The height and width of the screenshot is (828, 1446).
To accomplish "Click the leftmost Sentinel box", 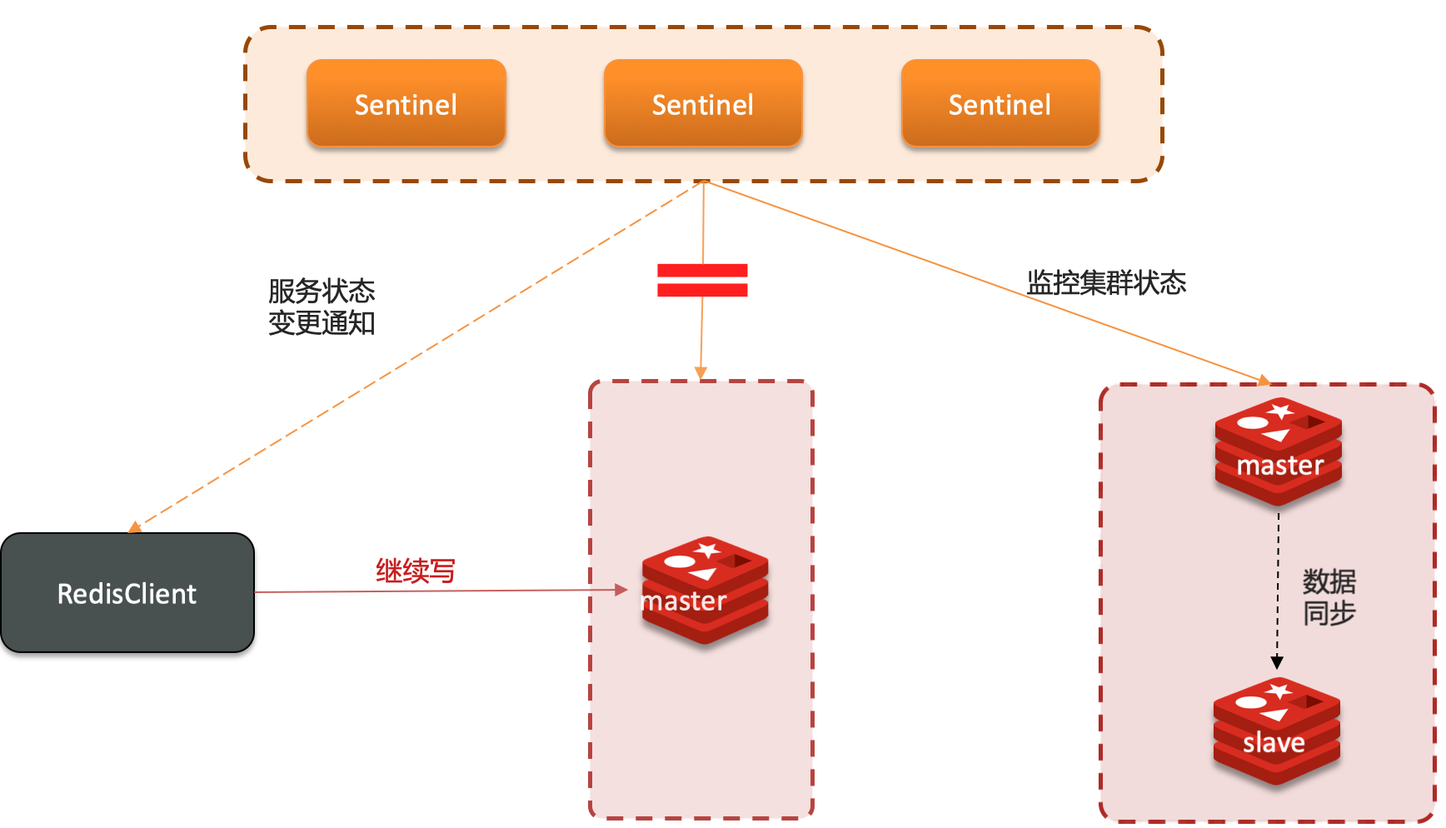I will pyautogui.click(x=406, y=103).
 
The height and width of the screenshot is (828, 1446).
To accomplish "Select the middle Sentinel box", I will pyautogui.click(x=703, y=103).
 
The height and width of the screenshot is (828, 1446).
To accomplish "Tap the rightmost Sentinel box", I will pyautogui.click(x=1000, y=103).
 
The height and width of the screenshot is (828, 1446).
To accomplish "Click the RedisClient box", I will pyautogui.click(x=127, y=593).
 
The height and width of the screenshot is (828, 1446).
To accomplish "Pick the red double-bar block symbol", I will pyautogui.click(x=702, y=280).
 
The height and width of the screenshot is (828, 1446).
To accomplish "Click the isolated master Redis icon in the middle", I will pyautogui.click(x=705, y=590).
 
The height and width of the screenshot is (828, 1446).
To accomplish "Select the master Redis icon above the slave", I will pyautogui.click(x=1278, y=451).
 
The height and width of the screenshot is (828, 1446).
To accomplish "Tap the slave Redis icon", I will pyautogui.click(x=1276, y=731).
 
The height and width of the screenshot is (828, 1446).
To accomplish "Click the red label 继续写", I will pyautogui.click(x=415, y=571).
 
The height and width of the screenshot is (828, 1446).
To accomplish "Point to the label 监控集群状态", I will pyautogui.click(x=1106, y=282).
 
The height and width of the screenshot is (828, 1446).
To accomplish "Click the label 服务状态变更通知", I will pyautogui.click(x=322, y=307).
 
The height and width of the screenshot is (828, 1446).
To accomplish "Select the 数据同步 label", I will pyautogui.click(x=1329, y=596).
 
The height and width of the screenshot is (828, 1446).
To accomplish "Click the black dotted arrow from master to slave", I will pyautogui.click(x=1278, y=583).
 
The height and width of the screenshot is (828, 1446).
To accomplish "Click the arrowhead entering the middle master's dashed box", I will pyautogui.click(x=701, y=373).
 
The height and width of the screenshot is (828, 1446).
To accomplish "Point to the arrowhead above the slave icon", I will pyautogui.click(x=1277, y=663).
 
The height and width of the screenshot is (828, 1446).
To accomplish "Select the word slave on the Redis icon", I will pyautogui.click(x=1274, y=742).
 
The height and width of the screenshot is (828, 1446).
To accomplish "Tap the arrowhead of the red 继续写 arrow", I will pyautogui.click(x=621, y=590).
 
